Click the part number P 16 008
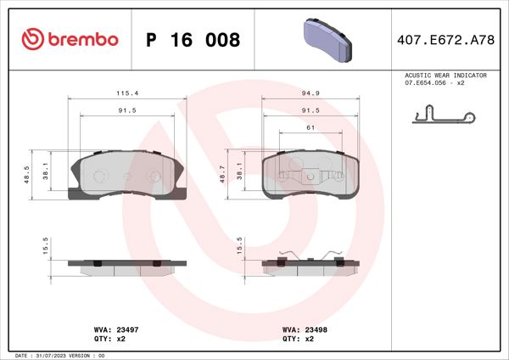(193, 40)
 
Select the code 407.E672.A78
(445, 40)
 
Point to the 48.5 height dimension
(26, 175)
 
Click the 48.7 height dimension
(223, 175)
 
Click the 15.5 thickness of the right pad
(240, 245)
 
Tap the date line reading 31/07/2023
(59, 354)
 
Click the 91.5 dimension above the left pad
(127, 110)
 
